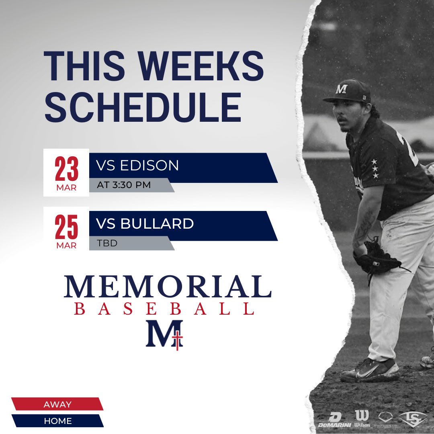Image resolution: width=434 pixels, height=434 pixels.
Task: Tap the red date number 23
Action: tap(66, 170)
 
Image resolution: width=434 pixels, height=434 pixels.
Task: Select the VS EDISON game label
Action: tap(137, 166)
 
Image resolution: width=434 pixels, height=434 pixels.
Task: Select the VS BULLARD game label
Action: tap(145, 224)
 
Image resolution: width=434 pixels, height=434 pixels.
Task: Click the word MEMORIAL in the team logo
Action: tap(167, 286)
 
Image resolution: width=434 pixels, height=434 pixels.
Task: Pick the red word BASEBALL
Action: tap(165, 309)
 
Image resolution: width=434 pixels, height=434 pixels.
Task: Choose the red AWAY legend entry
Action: tap(57, 404)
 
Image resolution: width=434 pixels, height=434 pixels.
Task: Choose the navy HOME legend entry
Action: tap(57, 421)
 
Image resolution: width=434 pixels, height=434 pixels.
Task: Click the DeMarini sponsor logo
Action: tap(335, 420)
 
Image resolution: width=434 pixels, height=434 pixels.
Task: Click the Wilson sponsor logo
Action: tap(362, 419)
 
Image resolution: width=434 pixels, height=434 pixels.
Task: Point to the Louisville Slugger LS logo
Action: tap(412, 419)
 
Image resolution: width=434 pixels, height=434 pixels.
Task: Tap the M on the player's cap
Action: tap(341, 89)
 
